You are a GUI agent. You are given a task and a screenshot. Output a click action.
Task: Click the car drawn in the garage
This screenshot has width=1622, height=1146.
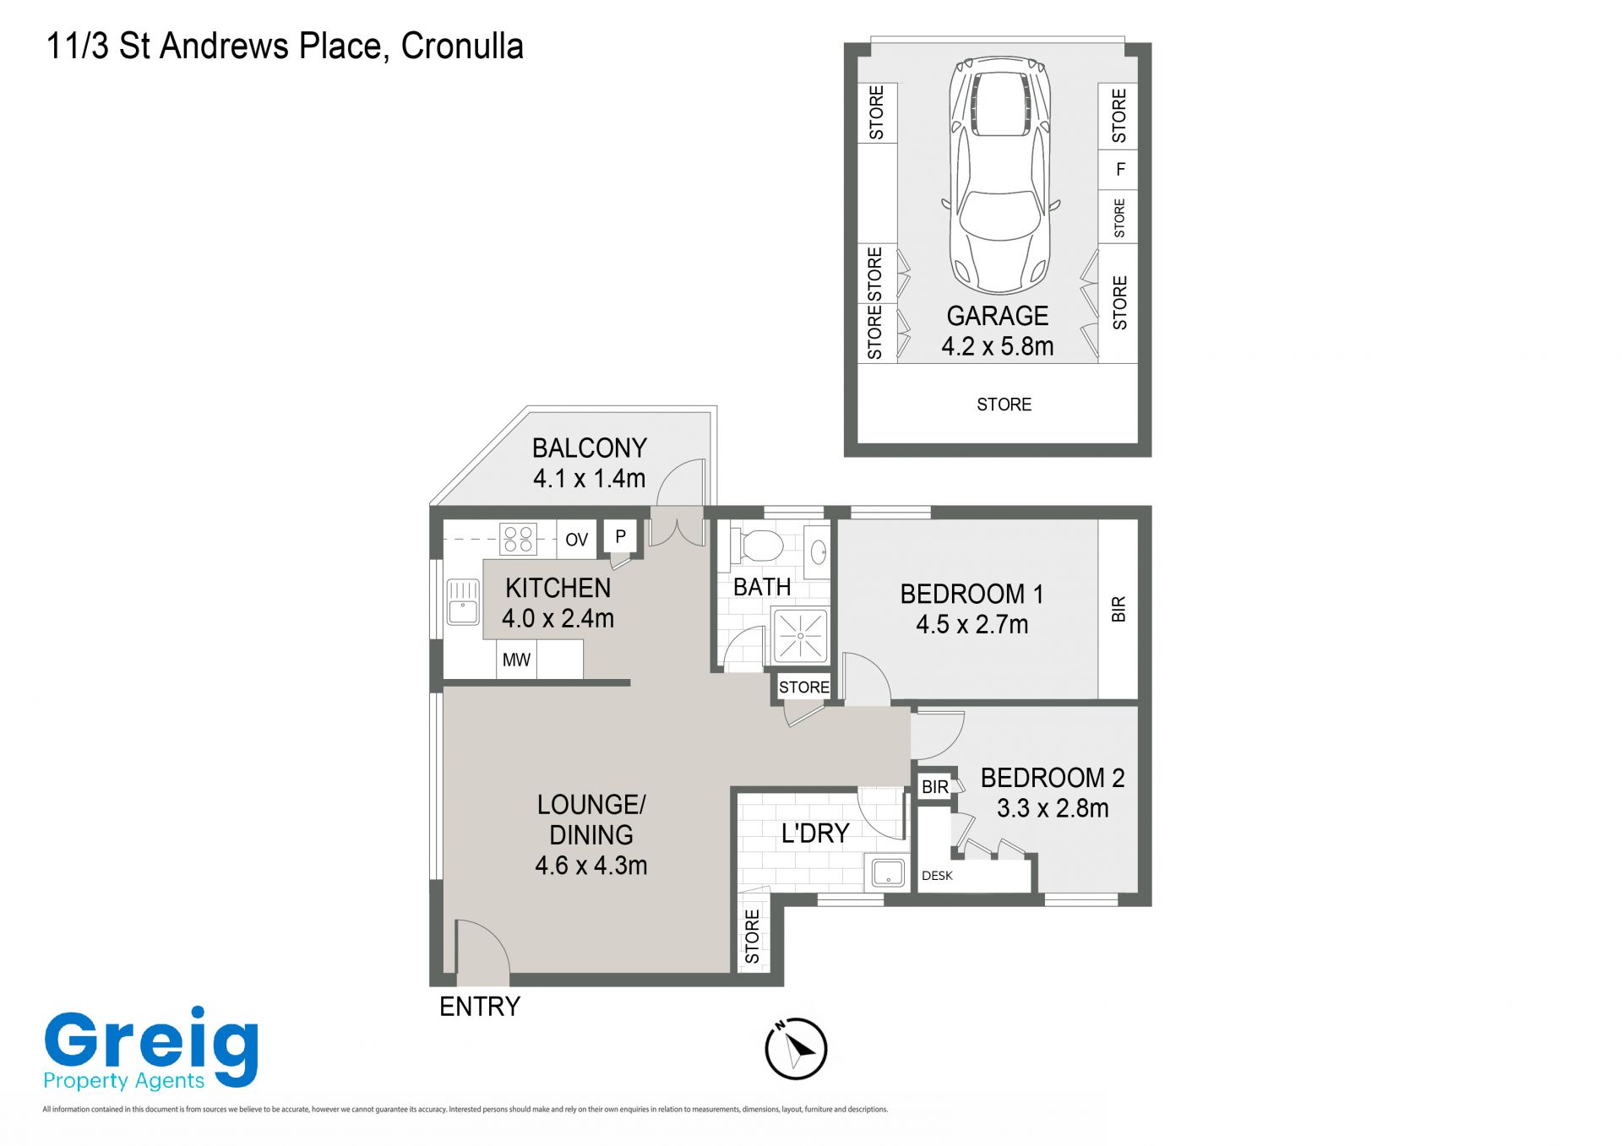[1000, 176]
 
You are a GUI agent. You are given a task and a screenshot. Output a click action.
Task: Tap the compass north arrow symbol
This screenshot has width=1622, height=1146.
[796, 1049]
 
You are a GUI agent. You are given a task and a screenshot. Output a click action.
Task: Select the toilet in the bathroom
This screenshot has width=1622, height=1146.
[759, 545]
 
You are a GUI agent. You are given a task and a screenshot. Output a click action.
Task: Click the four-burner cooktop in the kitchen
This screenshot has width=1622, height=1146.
[518, 539]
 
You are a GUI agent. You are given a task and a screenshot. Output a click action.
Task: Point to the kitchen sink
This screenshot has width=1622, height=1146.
[462, 601]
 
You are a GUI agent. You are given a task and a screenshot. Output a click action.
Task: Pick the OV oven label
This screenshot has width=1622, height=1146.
[577, 540]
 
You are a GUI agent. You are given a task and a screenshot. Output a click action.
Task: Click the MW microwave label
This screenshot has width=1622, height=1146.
[516, 660]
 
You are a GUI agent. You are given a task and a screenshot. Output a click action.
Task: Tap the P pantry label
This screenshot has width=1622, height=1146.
[620, 536]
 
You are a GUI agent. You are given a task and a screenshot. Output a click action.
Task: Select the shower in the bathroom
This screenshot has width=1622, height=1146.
[799, 634]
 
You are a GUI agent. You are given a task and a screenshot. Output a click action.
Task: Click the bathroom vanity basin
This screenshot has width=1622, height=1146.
[817, 553]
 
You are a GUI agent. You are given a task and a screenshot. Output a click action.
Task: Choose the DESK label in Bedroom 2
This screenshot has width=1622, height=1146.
[937, 876]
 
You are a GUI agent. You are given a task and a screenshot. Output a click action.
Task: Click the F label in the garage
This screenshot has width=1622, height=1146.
[1121, 170]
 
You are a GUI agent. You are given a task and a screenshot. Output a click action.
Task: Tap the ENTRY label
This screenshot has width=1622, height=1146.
[480, 1007]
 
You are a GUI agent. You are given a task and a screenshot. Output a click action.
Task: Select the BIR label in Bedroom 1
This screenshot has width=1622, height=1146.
[1119, 609]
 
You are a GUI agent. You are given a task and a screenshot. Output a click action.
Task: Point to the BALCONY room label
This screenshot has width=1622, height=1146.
[590, 448]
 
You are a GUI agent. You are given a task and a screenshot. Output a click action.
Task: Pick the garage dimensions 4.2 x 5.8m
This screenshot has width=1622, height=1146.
[998, 346]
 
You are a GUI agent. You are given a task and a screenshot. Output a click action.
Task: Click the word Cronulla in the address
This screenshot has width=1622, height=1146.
[462, 46]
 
